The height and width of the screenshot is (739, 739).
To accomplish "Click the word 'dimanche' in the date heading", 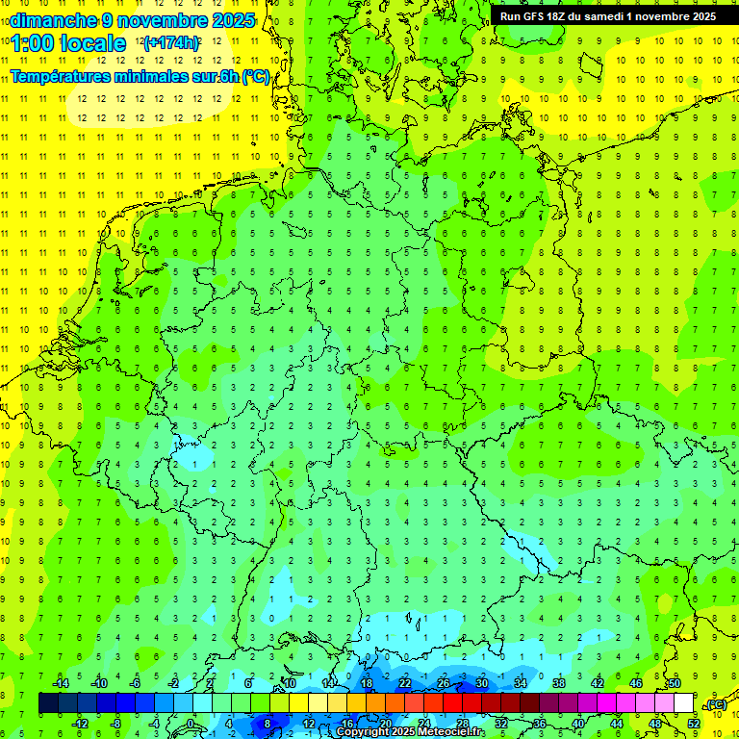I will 53,19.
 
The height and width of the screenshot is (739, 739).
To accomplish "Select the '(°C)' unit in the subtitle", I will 256,77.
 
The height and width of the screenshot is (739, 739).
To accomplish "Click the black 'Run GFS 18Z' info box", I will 607,16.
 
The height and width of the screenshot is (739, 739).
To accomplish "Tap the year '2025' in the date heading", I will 233,19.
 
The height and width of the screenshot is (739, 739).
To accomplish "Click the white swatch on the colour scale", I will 684,703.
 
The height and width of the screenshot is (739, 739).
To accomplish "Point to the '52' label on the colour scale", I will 694,724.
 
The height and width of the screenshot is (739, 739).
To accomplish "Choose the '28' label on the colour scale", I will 462,724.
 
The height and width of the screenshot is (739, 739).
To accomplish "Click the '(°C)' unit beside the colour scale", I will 715,704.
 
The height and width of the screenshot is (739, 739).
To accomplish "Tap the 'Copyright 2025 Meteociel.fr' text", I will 409,732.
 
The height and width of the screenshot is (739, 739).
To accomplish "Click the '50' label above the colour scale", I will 674,683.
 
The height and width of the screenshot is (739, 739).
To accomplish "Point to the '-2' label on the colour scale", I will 174,683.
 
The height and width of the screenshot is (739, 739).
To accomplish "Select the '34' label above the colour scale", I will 520,683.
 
